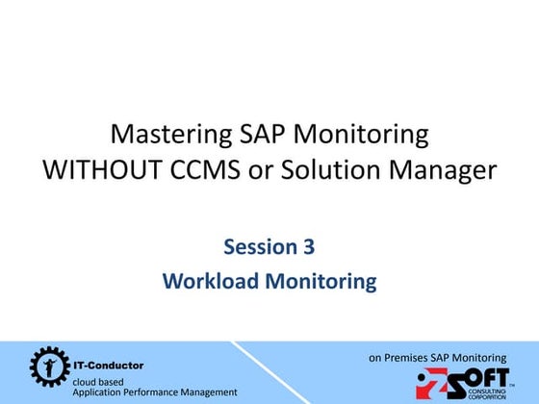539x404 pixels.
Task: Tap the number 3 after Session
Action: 308,247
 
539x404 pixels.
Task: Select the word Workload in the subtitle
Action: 205,281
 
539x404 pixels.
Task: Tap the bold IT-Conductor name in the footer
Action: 109,366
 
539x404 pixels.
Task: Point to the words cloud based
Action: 98,381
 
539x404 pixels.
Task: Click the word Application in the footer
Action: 99,392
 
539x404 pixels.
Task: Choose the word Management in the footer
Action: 211,392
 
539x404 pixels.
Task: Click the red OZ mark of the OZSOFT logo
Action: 430,384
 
